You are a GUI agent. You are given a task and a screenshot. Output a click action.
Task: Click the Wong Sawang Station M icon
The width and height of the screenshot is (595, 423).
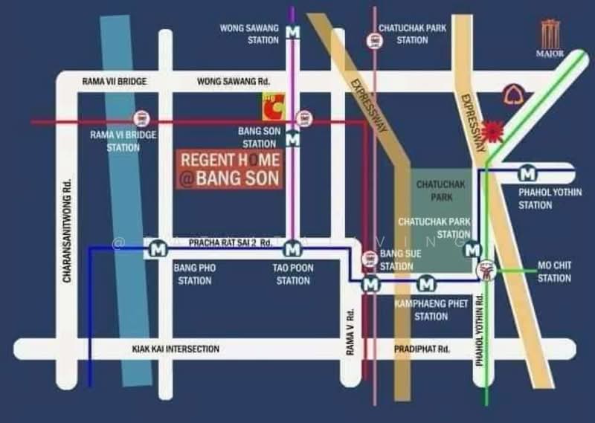(x=293, y=32)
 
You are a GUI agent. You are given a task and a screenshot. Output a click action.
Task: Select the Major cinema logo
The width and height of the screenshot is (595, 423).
(x=550, y=38)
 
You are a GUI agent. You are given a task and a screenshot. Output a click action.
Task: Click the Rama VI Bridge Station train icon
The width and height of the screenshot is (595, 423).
(x=140, y=117)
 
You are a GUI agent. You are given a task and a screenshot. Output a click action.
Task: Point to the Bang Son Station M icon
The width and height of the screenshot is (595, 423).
(x=293, y=138)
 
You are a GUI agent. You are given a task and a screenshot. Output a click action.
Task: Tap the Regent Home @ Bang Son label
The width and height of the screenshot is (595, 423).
(x=230, y=169)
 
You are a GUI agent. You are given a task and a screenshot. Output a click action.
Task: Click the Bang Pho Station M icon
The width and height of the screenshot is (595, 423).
(x=158, y=250)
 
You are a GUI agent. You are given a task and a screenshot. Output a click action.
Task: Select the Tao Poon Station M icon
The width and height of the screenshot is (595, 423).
(x=293, y=248)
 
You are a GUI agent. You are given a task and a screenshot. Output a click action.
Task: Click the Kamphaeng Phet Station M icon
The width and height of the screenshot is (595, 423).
(x=426, y=283)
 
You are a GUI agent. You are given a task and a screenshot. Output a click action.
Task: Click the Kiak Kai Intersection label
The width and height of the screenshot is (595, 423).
(x=176, y=348)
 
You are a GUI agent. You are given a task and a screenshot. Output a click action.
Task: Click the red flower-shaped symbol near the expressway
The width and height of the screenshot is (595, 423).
(x=491, y=132)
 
